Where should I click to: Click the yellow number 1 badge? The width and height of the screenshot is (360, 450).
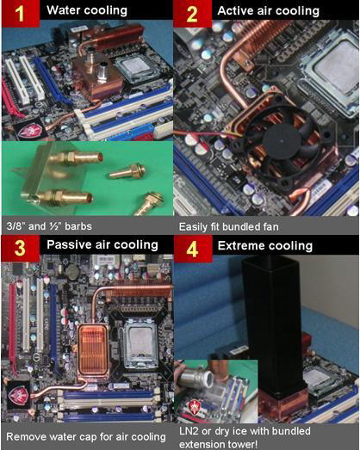20,14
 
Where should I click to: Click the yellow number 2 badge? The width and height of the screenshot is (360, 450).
192,14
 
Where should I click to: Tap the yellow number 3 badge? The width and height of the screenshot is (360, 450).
20,249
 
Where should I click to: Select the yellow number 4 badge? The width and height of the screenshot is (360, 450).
192,250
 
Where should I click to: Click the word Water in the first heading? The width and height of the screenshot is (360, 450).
62,10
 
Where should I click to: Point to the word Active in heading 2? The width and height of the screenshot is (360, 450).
233,10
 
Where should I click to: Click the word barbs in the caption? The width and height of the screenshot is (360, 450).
78,226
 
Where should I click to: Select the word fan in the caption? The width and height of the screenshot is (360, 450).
270,227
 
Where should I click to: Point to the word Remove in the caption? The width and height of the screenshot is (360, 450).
23,437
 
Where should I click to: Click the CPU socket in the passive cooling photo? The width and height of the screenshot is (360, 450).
141,344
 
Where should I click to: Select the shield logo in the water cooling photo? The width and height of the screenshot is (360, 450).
29,130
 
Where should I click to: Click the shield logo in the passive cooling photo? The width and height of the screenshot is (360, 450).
18,395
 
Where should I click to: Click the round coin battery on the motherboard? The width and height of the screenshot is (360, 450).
72,271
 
